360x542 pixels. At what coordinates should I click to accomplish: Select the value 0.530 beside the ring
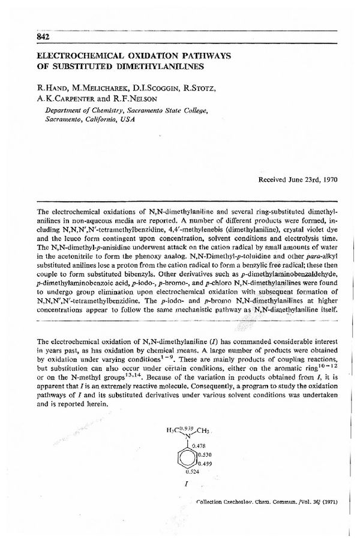pyautogui.click(x=205, y=455)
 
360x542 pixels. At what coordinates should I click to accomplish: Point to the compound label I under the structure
pyautogui.click(x=190, y=483)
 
